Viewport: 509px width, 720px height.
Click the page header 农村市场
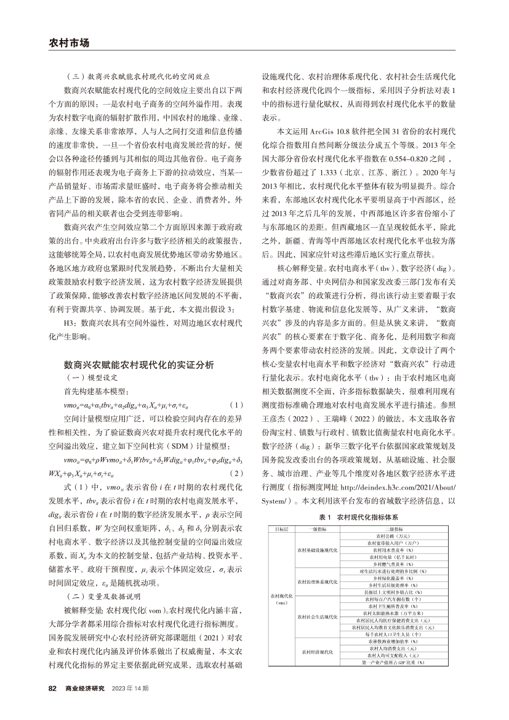69,43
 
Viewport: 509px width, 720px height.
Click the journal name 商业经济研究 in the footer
86,687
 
